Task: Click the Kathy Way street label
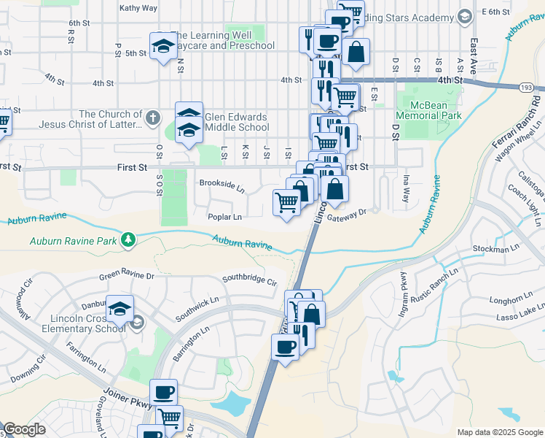coord(138,8)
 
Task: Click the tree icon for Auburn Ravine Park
coord(129,239)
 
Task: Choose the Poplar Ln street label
coord(224,217)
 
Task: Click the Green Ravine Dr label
coord(127,276)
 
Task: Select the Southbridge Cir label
coord(250,280)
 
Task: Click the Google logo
coord(24,429)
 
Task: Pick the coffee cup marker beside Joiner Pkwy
coord(164,393)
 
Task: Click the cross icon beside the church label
coord(152,117)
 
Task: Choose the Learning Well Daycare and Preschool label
coord(223,40)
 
